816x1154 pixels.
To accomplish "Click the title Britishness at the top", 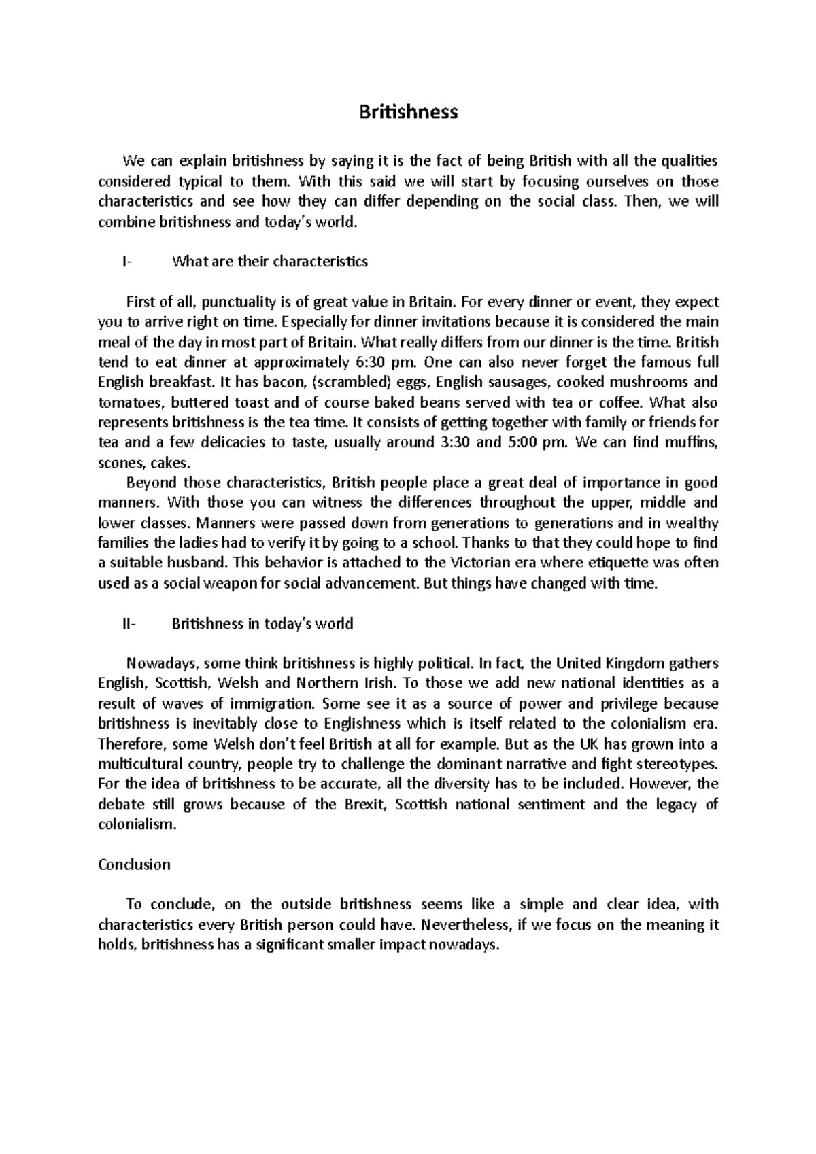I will click(x=408, y=112).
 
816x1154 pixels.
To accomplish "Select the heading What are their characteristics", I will click(x=270, y=262).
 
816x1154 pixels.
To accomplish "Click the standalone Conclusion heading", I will click(x=134, y=864).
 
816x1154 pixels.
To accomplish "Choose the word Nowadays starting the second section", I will click(x=162, y=663).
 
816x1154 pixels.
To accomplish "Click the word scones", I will click(x=116, y=463).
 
